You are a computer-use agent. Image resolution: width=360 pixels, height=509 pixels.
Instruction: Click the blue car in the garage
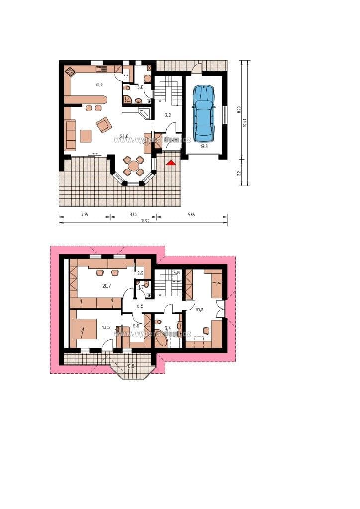pos(203,113)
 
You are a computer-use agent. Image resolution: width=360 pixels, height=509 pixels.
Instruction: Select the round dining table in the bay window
pos(134,166)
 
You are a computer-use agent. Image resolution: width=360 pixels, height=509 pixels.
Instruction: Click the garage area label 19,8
pos(204,146)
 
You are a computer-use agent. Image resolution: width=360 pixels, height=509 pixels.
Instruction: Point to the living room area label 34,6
pos(124,136)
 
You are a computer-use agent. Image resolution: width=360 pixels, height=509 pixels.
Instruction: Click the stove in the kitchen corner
pos(70,73)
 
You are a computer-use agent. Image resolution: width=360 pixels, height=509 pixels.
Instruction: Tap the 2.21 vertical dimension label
pos(239,173)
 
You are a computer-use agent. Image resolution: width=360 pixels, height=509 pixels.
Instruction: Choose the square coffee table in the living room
pos(86,136)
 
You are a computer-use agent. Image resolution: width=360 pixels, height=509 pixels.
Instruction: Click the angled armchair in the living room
pos(104,124)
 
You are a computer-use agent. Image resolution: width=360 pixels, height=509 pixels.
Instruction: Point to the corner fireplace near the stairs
pos(146,115)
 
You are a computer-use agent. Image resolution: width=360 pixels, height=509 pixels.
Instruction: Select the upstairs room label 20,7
pos(106,285)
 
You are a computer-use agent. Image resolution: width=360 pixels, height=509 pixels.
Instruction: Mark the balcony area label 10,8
pos(131,366)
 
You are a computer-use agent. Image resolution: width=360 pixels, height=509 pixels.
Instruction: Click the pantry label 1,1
pos(126,77)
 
